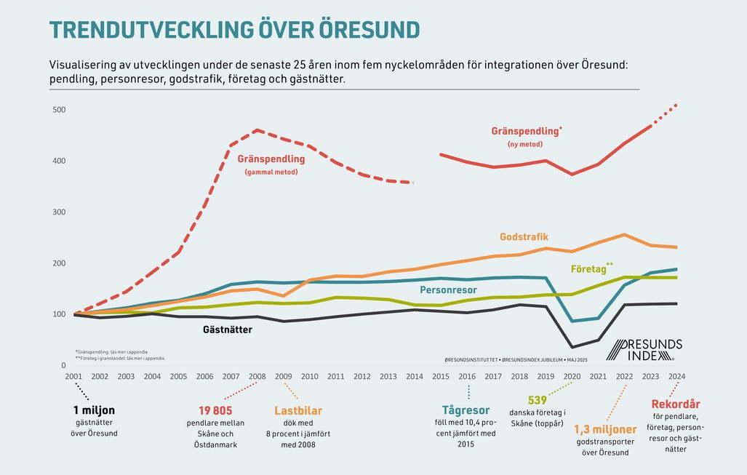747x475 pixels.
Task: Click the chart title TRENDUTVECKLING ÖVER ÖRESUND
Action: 233,29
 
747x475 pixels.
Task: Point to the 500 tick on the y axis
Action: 59,110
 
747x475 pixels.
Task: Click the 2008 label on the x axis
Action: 257,377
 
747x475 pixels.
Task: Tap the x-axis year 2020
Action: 572,377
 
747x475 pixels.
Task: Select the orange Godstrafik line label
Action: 524,237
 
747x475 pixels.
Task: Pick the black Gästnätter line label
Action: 227,330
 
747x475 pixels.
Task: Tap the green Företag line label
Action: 589,269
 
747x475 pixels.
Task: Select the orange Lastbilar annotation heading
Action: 298,411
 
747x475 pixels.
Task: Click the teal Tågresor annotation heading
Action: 466,410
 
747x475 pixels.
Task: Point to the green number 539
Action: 538,400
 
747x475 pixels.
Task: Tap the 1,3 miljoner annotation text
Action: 606,430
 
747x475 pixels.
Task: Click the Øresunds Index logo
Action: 644,350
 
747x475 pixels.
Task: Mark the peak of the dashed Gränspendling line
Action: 257,130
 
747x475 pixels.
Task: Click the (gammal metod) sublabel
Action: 271,172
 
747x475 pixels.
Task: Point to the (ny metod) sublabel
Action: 526,145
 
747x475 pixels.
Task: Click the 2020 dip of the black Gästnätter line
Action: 572,347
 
